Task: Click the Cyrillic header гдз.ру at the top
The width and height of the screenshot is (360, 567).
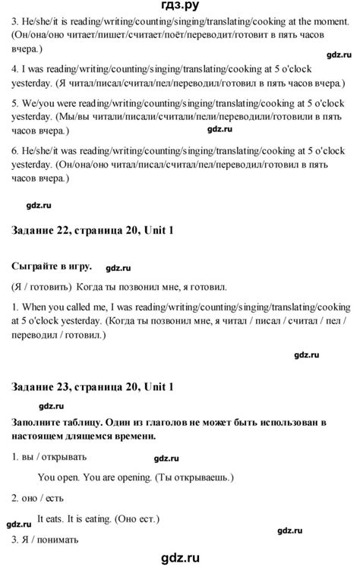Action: point(180,7)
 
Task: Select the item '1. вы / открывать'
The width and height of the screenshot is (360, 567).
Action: point(49,457)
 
